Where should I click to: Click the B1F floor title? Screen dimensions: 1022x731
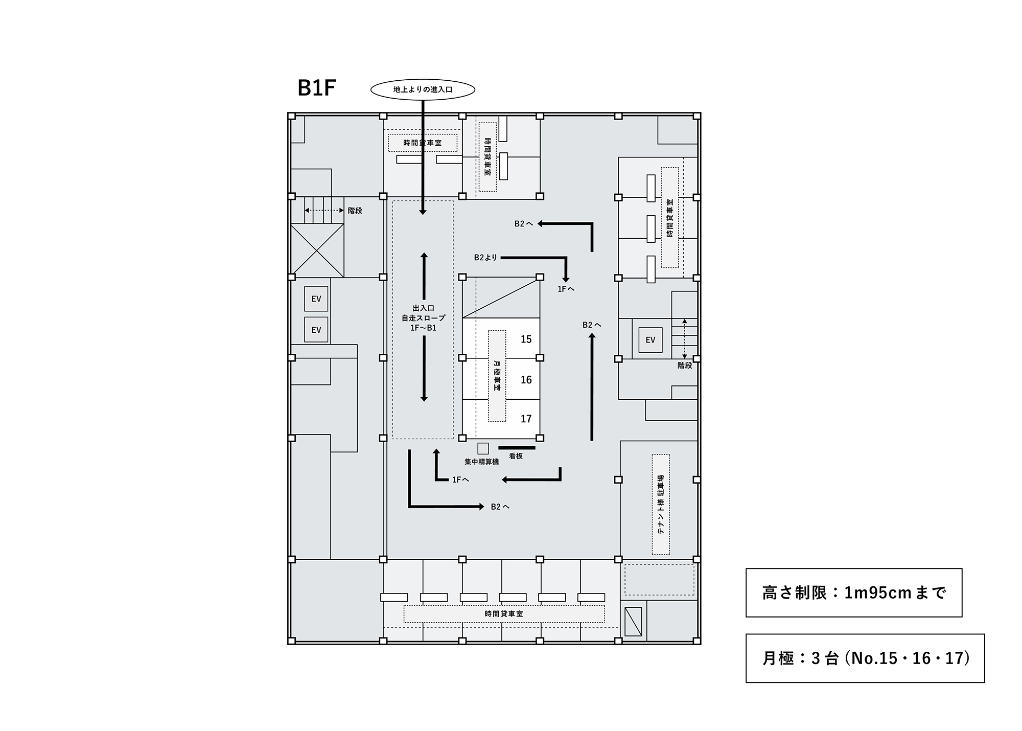tap(316, 88)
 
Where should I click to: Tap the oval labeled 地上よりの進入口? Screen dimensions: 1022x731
tap(423, 89)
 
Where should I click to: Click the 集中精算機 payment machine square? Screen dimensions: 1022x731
tap(483, 448)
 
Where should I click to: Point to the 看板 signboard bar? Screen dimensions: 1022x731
tap(517, 447)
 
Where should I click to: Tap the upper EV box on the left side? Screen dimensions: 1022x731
tap(316, 299)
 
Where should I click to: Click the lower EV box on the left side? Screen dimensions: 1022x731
tap(316, 330)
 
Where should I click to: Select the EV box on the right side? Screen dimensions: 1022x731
tap(650, 340)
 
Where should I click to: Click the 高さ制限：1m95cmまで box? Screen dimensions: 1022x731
tap(854, 592)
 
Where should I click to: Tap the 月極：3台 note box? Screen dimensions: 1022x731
tap(865, 658)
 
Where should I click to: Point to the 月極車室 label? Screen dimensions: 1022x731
tap(497, 376)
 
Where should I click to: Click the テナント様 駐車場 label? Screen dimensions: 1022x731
tap(661, 505)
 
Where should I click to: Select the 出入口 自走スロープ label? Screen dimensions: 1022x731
tap(423, 318)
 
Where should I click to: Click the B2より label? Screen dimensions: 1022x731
tap(485, 258)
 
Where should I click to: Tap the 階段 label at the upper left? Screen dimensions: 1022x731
tap(355, 210)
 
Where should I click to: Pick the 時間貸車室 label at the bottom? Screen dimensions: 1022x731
tap(504, 613)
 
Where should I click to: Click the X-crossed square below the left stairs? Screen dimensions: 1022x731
tap(317, 250)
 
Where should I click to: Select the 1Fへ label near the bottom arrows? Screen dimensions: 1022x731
tap(460, 479)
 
